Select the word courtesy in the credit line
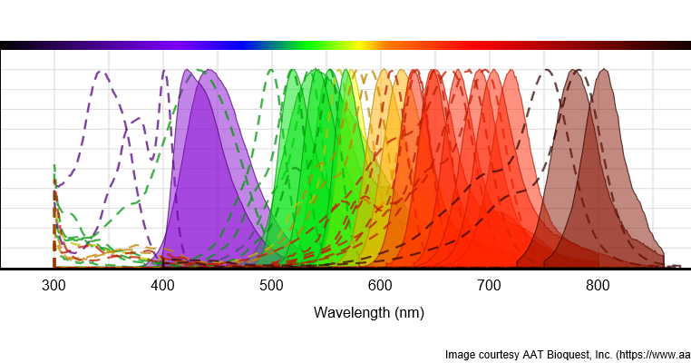coord(503,354)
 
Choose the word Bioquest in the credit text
coord(583,354)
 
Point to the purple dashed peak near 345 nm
coord(102,72)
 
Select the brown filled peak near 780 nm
coord(575,71)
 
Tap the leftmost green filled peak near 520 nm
coord(293,71)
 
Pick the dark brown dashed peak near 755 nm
coord(547,71)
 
